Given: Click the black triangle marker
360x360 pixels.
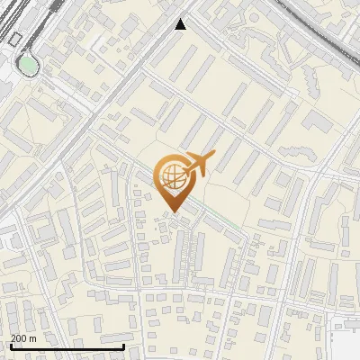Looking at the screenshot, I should click(181, 24).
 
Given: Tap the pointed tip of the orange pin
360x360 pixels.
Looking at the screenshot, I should click(172, 211).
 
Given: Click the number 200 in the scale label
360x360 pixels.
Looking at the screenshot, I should click(19, 338).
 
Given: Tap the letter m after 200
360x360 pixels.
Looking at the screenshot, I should click(33, 338).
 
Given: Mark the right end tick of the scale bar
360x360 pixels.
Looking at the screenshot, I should click(123, 346).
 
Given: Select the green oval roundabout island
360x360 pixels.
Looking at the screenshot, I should click(29, 64).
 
